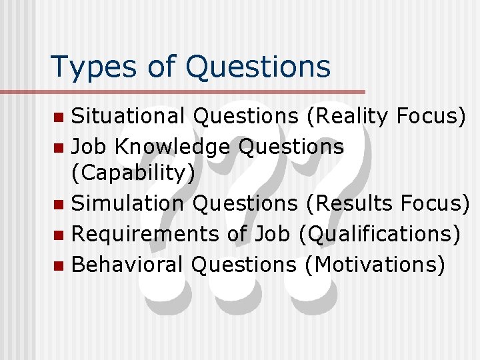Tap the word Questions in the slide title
pos(259,67)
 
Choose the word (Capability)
pos(133,173)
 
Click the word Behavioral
pos(127,264)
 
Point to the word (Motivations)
pos(374,264)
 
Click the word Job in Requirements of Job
pos(271,234)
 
